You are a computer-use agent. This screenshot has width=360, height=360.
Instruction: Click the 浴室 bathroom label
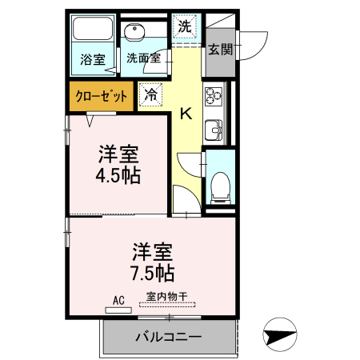coord(93,59)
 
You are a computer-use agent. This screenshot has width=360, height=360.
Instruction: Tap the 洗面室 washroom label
coord(143,58)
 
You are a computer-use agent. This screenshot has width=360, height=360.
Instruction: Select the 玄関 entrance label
coord(221,50)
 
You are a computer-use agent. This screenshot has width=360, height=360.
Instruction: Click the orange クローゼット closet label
coord(102,95)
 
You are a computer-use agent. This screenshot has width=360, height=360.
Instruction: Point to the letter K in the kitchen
coord(185,113)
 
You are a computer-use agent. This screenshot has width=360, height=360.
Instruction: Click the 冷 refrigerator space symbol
coord(150,94)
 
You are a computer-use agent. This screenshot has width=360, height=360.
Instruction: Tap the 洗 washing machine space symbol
coord(185,26)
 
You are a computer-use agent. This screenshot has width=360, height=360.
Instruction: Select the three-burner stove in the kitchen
coord(214,95)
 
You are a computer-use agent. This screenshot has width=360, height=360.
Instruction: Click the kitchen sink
coord(214,128)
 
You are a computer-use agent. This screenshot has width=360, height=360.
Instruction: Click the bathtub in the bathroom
coord(93,31)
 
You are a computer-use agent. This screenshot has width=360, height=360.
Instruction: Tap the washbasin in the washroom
coord(135,33)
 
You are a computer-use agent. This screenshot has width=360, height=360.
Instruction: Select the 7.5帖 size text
coord(152,273)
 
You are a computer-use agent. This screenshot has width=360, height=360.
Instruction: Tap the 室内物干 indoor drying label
coord(166,297)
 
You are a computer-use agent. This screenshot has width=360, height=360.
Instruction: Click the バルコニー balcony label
coord(168,336)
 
